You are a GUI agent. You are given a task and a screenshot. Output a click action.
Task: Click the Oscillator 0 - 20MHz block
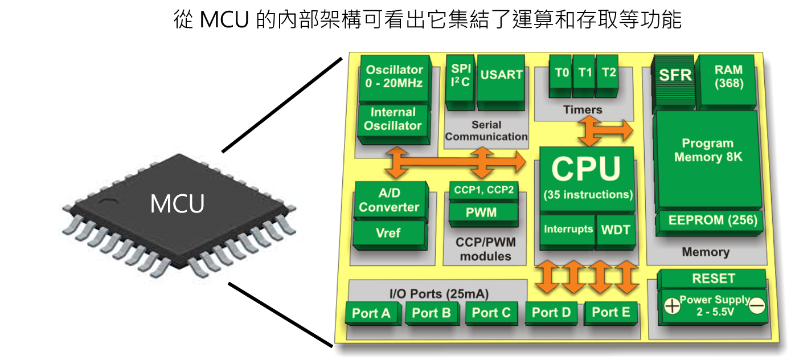[x=394, y=76]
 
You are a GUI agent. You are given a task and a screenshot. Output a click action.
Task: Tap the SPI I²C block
[x=460, y=75]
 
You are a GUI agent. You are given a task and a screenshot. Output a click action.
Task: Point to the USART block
[x=501, y=75]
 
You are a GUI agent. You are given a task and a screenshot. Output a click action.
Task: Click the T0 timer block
[x=562, y=73]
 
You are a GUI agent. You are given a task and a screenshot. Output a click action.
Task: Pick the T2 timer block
[x=608, y=73]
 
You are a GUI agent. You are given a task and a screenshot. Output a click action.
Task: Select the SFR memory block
[x=675, y=75]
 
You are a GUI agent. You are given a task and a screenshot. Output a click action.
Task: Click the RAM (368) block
[x=729, y=76]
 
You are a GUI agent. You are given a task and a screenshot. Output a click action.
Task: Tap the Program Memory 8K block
[x=708, y=150]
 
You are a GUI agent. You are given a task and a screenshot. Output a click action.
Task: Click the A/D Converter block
[x=390, y=201]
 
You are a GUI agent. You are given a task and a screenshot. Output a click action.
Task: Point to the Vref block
[x=390, y=233]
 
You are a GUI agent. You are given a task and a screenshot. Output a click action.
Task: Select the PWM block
[x=481, y=212]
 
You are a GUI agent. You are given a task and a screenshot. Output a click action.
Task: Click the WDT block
[x=616, y=230]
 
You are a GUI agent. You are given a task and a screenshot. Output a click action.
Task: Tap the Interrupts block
[x=568, y=230]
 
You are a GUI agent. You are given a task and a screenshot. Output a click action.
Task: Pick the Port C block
[x=492, y=313]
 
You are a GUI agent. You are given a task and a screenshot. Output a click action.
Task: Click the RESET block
[x=712, y=279]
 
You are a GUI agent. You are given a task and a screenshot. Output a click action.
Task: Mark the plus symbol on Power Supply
[x=672, y=306]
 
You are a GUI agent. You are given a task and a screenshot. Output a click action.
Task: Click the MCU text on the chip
[x=177, y=204]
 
